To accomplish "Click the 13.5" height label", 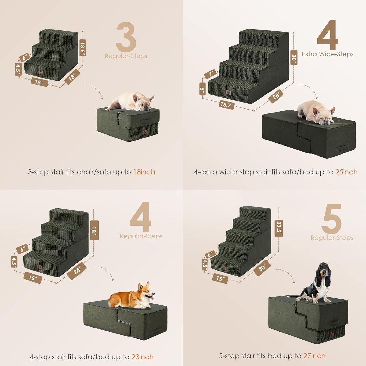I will (x=83, y=48).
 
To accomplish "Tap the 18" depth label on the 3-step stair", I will (x=72, y=76).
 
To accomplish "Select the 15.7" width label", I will (x=227, y=104).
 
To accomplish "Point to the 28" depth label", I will (x=276, y=96).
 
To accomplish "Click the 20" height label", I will (x=294, y=58).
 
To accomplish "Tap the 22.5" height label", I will (x=279, y=228).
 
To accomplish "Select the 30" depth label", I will (x=262, y=268).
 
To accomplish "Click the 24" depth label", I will (x=77, y=271).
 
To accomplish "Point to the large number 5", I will (x=332, y=219).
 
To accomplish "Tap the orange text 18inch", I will (x=144, y=172).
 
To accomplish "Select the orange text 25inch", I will (x=346, y=172).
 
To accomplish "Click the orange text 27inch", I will (x=314, y=356).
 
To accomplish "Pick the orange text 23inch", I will (x=142, y=357).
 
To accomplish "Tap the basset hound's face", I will (x=323, y=274).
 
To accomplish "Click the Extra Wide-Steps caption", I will (x=328, y=54).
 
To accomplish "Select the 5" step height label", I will (x=202, y=89).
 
